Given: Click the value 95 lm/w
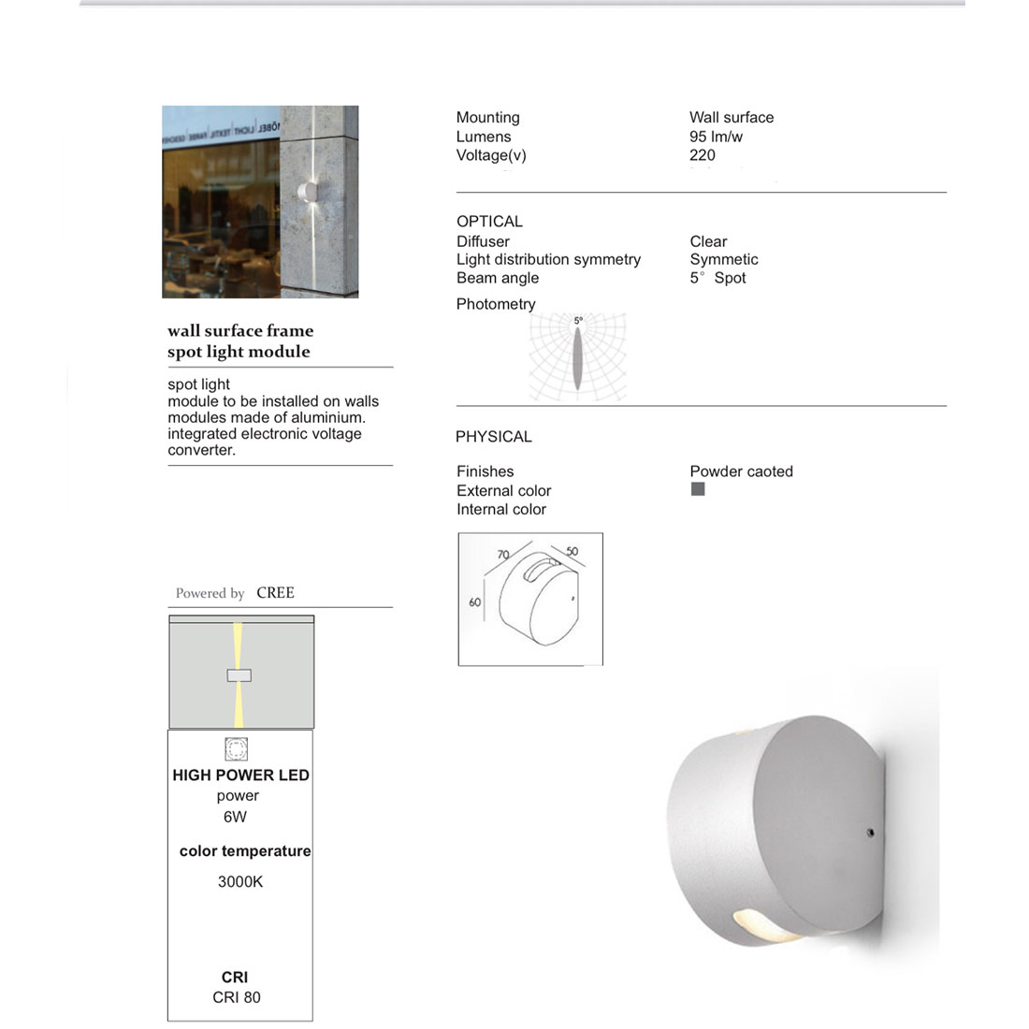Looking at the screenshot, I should pyautogui.click(x=716, y=137).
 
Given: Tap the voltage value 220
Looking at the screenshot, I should pyautogui.click(x=702, y=155).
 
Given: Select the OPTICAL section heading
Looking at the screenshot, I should pyautogui.click(x=489, y=222).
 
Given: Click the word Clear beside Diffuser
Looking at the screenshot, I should pyautogui.click(x=708, y=241).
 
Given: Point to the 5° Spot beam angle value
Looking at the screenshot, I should pyautogui.click(x=717, y=278).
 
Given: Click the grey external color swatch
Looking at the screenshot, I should pyautogui.click(x=698, y=489).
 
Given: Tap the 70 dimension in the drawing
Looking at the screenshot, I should pyautogui.click(x=503, y=555).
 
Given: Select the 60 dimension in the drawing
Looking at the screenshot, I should pyautogui.click(x=474, y=602).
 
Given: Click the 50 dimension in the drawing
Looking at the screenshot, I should pyautogui.click(x=572, y=552).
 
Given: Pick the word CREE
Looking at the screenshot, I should pyautogui.click(x=275, y=593).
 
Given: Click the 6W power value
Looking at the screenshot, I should pyautogui.click(x=235, y=817).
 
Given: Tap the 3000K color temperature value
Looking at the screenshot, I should pyautogui.click(x=240, y=881).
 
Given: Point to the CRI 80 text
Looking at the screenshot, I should pyautogui.click(x=237, y=997).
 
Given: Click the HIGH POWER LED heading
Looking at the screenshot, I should pyautogui.click(x=240, y=775).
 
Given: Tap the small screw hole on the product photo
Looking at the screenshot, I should pyautogui.click(x=870, y=831).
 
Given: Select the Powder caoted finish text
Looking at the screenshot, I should pyautogui.click(x=741, y=471).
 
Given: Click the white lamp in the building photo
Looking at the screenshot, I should pyautogui.click(x=306, y=192).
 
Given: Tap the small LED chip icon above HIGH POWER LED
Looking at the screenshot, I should pyautogui.click(x=237, y=748).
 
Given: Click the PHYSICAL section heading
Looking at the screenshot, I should pyautogui.click(x=493, y=437).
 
